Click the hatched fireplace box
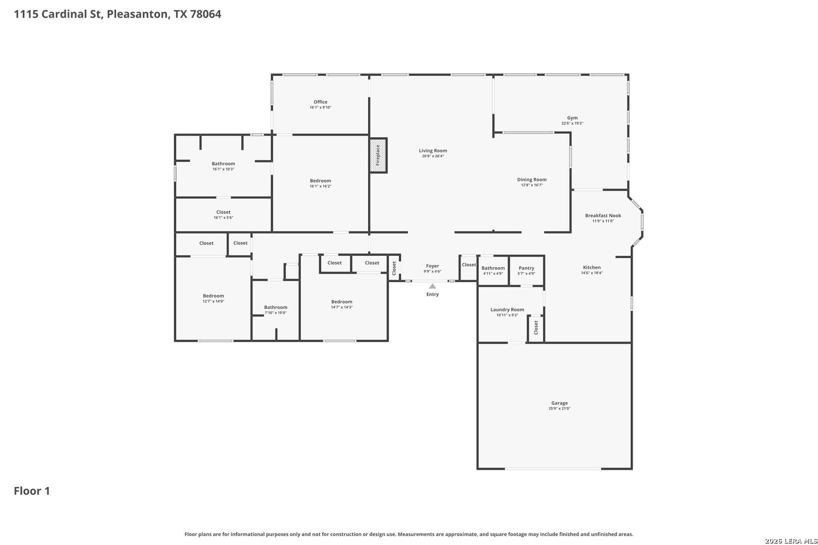pos(378,155)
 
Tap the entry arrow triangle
pos(432,286)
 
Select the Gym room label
pos(572,118)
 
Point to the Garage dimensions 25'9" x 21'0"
pos(559,408)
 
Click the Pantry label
pos(526,268)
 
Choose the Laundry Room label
pos(507,309)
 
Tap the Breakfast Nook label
pos(603,215)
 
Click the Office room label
pos(320,102)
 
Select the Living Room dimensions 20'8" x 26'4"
pos(433,156)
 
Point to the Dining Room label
pos(532,180)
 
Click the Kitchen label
pos(592,267)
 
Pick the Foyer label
pos(432,266)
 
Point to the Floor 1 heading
pos(32,491)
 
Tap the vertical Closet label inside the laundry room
pos(536,328)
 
